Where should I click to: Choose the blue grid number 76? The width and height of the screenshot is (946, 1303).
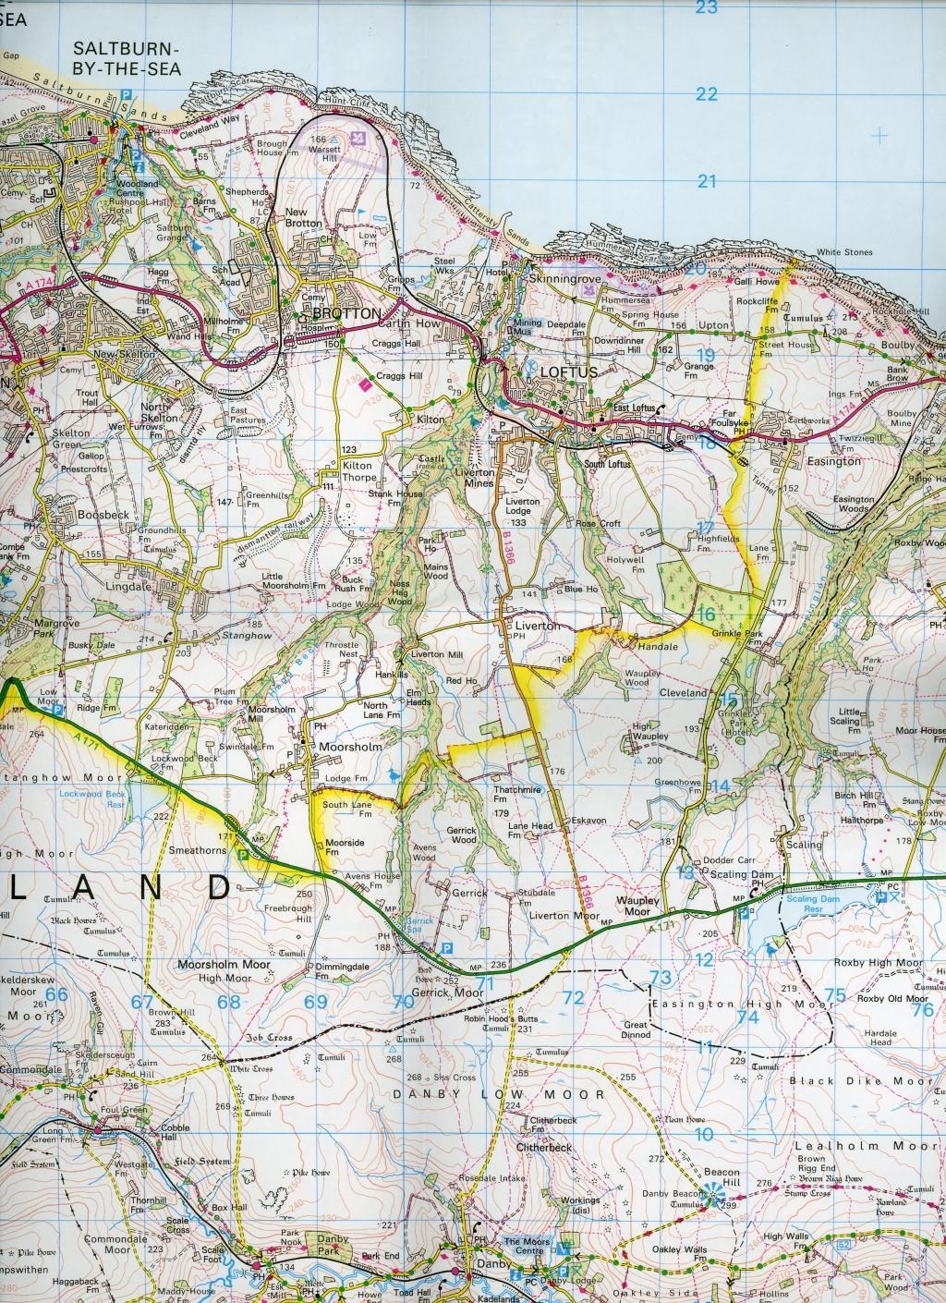[x=922, y=1009]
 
